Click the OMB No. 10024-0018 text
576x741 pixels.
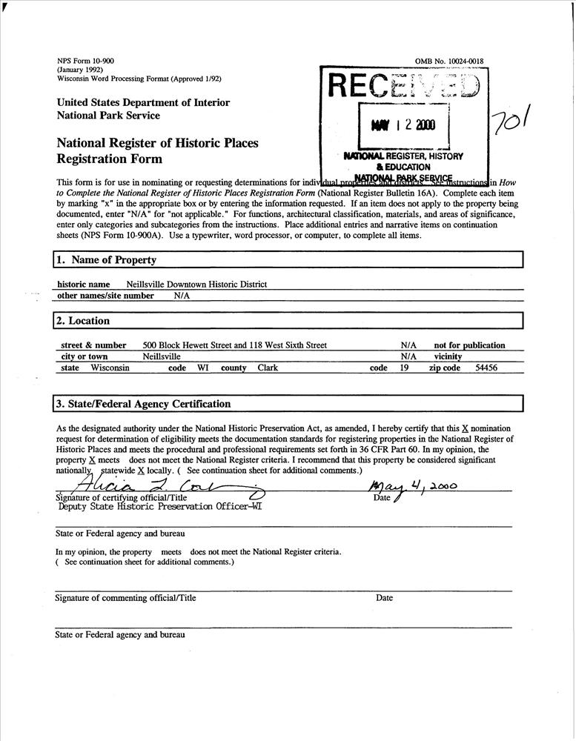pos(450,61)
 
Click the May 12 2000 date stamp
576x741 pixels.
pos(404,124)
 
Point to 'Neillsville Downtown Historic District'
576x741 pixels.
pos(196,285)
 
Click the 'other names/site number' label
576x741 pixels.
pos(105,296)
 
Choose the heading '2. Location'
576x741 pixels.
pos(82,321)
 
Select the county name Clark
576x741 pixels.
pos(268,368)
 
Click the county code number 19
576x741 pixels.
pos(405,368)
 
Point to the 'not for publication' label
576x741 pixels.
pos(469,345)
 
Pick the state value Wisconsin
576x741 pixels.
pos(110,368)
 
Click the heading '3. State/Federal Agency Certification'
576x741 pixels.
pos(143,404)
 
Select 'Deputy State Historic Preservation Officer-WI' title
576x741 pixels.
pos(159,508)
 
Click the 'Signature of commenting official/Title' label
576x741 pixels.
pos(126,598)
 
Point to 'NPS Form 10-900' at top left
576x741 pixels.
pos(85,61)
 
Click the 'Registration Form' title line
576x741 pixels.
pos(109,159)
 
